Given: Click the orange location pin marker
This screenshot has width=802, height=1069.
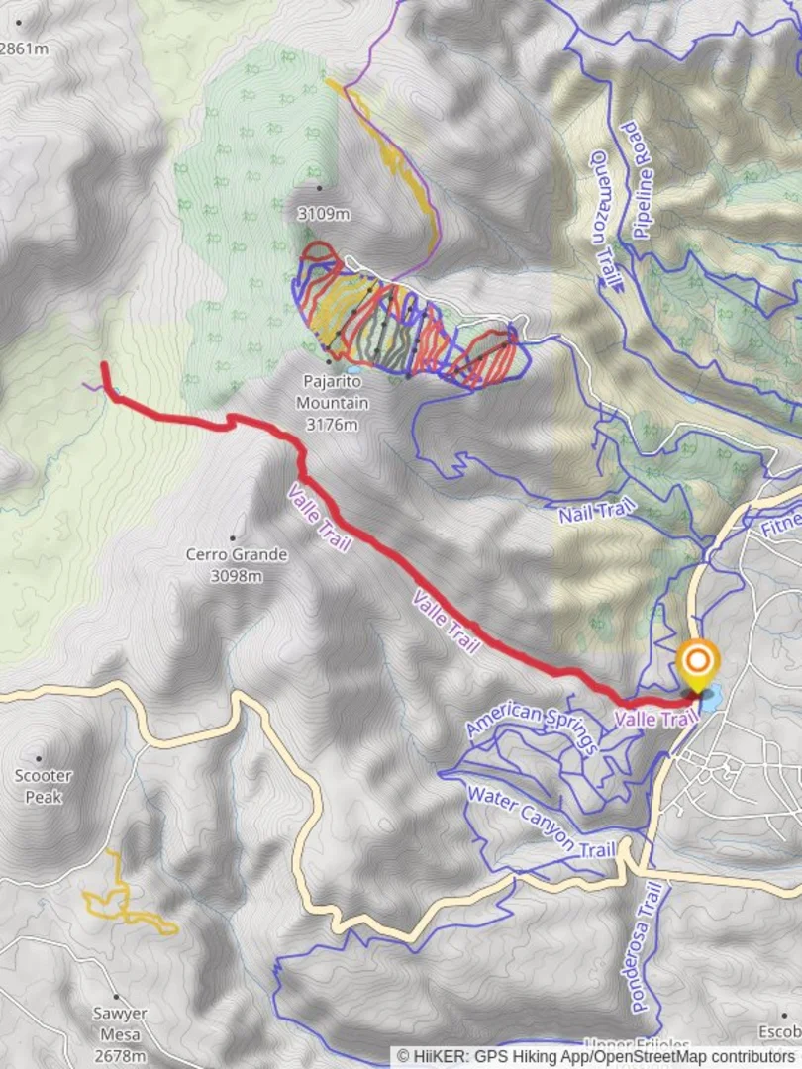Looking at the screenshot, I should point(698,663).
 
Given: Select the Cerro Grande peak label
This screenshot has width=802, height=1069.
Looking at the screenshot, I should point(237,554).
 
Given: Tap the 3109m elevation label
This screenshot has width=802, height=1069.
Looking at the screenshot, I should point(324,213).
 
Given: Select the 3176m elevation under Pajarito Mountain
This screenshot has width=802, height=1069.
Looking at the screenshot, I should point(332,424).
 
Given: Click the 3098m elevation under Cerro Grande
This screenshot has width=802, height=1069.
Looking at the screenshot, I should point(237,575).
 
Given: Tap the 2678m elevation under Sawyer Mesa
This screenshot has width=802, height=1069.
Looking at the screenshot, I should point(121,1057).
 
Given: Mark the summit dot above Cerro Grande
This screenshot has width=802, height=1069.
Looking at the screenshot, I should point(235,538).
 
